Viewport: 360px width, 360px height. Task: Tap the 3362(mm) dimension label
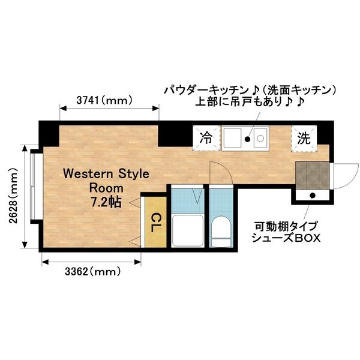tap(92, 271)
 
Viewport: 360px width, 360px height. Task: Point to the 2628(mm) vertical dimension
tap(13, 196)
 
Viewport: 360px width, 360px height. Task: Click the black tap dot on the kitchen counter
tap(246, 140)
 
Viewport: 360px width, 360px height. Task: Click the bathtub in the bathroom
tap(186, 230)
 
